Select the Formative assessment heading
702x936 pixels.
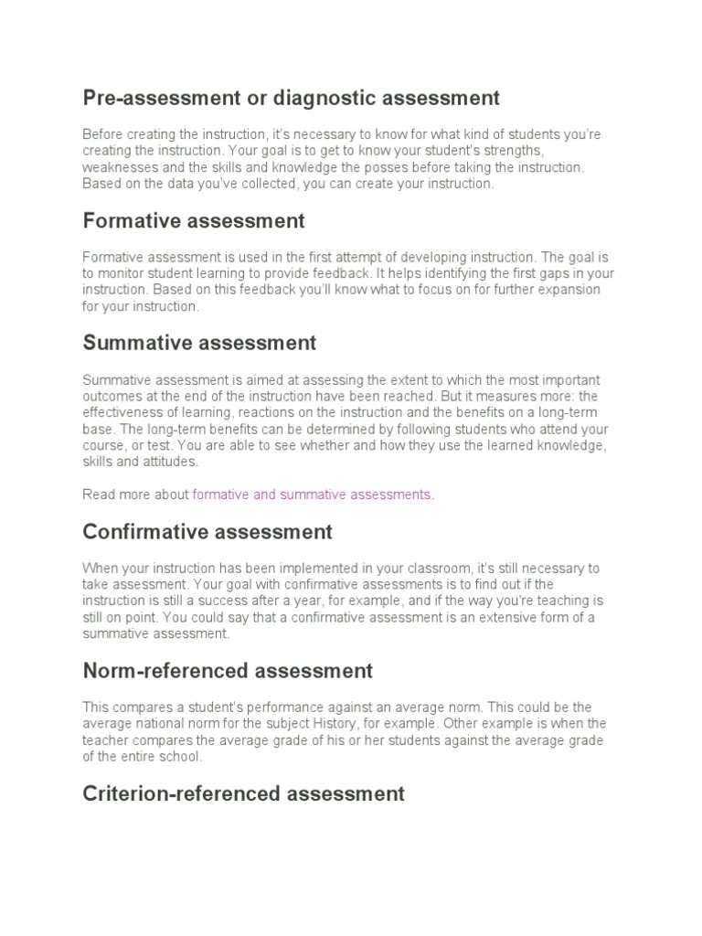tap(193, 221)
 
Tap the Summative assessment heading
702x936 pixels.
tap(199, 344)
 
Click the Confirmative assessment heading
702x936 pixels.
tap(207, 532)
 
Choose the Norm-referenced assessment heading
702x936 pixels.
tap(228, 671)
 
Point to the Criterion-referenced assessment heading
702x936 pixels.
tap(243, 793)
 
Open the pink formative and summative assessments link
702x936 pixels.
tap(312, 495)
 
